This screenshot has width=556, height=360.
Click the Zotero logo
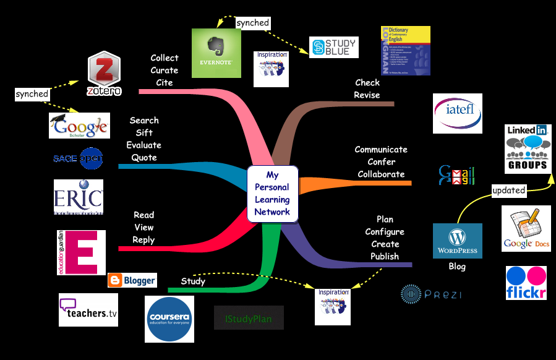pyautogui.click(x=104, y=74)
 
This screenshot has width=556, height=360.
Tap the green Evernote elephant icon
pyautogui.click(x=216, y=53)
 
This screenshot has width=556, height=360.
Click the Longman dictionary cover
pyautogui.click(x=405, y=51)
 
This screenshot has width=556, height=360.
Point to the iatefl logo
pyautogui.click(x=458, y=113)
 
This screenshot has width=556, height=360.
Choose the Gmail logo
pyautogui.click(x=456, y=174)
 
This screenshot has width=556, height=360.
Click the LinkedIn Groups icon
pyautogui.click(x=526, y=148)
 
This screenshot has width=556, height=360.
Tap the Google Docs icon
pyautogui.click(x=526, y=229)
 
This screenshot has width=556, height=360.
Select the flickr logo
pyautogui.click(x=526, y=283)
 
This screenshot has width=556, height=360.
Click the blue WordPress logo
pyautogui.click(x=458, y=241)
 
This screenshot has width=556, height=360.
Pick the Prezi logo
pyautogui.click(x=431, y=293)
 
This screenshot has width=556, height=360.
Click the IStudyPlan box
pyautogui.click(x=249, y=318)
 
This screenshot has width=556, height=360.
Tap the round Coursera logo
pyautogui.click(x=169, y=319)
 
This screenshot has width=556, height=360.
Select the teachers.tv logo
pyautogui.click(x=88, y=310)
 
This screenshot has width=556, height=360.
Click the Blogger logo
pyautogui.click(x=132, y=280)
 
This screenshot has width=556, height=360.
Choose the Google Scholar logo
pyautogui.click(x=79, y=126)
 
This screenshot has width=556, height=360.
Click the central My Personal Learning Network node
pyautogui.click(x=272, y=194)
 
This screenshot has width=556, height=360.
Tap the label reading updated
pyautogui.click(x=508, y=190)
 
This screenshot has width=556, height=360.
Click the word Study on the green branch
pyautogui.click(x=193, y=281)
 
